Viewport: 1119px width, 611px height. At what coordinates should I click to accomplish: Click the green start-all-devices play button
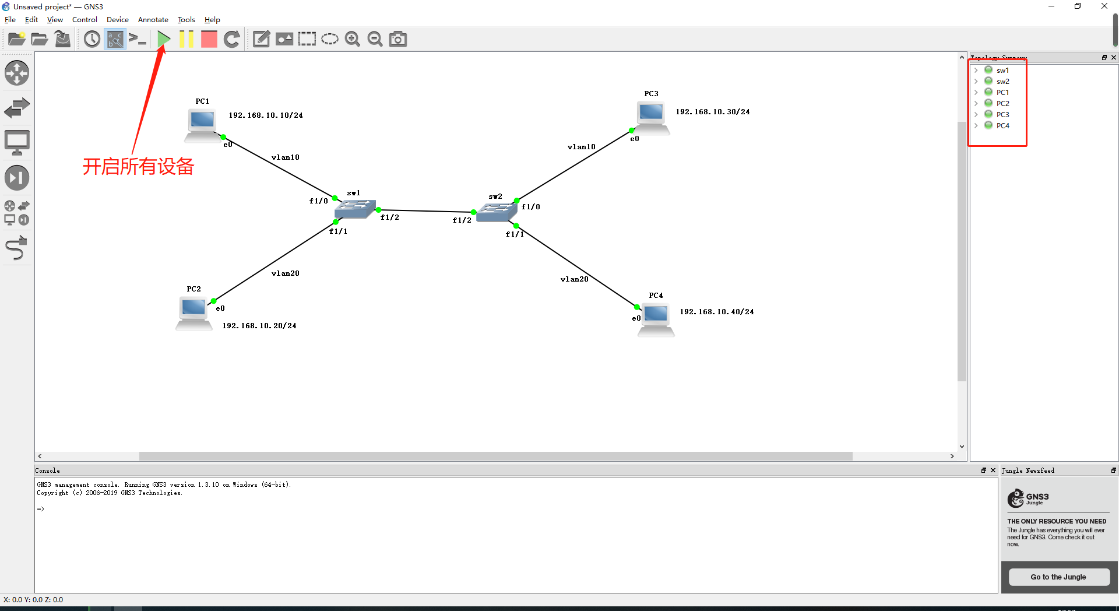164,39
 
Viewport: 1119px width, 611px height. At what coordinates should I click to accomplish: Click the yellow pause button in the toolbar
186,39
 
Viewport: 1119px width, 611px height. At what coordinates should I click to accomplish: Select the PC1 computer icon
202,123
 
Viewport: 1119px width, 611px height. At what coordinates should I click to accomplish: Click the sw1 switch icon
354,208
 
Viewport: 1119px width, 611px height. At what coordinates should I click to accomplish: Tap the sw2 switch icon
496,212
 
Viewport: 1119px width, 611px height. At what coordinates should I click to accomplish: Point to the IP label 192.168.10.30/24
712,112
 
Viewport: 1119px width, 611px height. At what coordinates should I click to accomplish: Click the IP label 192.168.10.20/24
259,326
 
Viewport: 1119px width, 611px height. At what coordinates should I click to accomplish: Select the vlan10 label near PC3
581,147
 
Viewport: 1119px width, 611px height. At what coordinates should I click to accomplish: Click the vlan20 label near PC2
285,273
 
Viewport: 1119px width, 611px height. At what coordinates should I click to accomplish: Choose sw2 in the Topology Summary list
1002,82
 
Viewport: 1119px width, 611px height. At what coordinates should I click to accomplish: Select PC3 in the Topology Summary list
1002,115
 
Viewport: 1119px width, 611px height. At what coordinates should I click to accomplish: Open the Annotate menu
153,20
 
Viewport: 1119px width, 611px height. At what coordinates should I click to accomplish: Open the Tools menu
186,20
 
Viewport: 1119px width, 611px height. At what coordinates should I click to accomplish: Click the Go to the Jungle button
1058,577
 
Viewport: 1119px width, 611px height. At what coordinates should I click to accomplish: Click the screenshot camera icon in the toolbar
398,39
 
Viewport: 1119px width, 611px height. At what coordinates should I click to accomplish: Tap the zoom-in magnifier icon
352,39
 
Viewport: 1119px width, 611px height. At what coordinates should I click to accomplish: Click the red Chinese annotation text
138,167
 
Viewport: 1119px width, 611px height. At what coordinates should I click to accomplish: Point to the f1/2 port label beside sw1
389,217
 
